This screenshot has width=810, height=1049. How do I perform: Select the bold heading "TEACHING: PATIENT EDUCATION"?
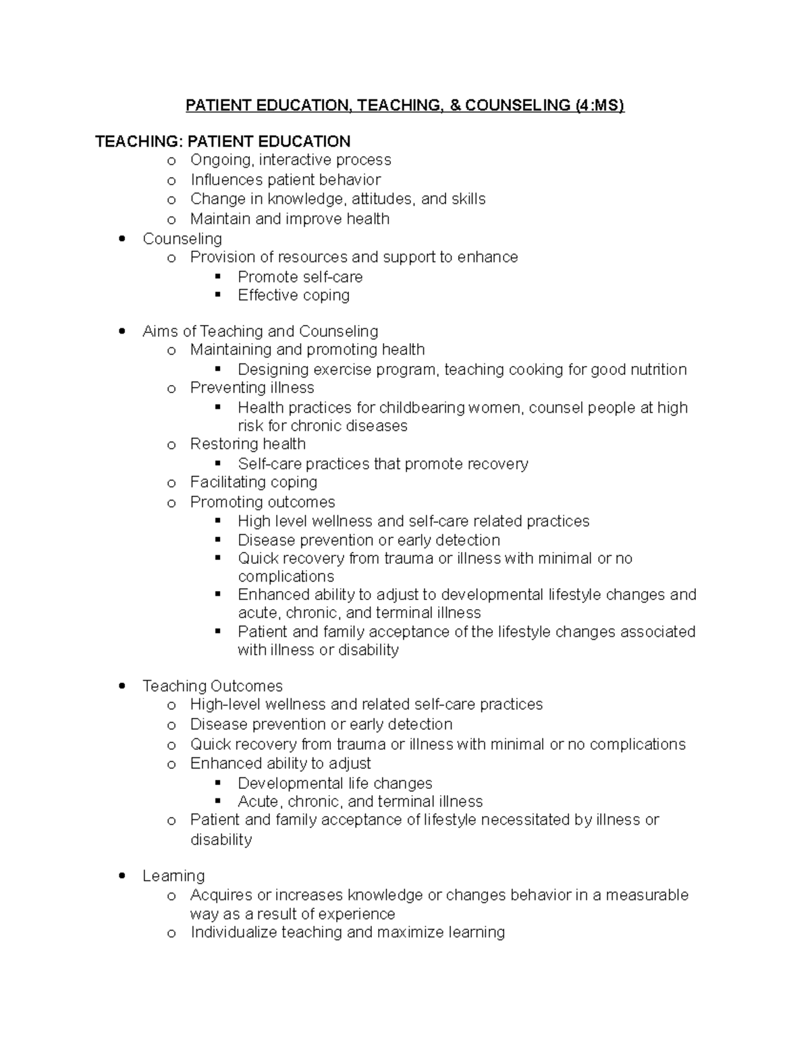[x=223, y=141]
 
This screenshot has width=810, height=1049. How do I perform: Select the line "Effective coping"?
[x=294, y=295]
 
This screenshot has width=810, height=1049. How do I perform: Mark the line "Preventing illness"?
[x=252, y=388]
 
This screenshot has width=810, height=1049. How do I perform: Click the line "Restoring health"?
[x=248, y=444]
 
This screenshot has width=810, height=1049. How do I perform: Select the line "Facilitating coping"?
[x=253, y=482]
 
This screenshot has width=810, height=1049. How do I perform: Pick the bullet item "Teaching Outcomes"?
[x=213, y=686]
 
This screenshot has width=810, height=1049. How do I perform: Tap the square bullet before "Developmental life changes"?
[x=217, y=783]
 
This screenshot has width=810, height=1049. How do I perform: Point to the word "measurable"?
[x=647, y=895]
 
